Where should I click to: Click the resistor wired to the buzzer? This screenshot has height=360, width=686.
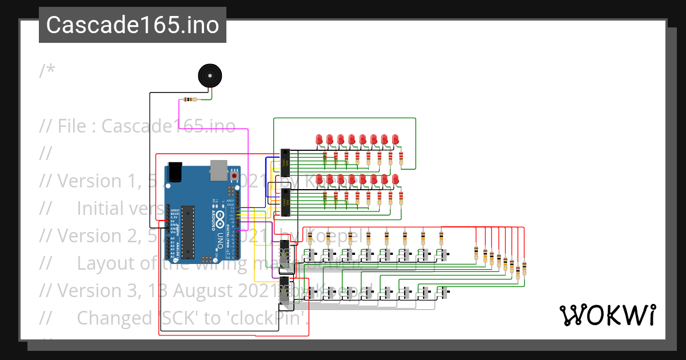pos(189,100)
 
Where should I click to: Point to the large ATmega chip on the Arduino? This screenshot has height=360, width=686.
pos(188,229)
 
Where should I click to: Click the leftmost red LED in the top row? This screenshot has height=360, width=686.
pos(319,139)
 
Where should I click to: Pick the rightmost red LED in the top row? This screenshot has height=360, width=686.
pos(396,139)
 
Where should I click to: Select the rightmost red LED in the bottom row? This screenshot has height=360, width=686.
pos(396,180)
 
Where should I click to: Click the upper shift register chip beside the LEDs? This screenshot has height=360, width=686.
pos(284,162)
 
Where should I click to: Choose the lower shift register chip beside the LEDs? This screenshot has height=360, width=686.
pos(284,203)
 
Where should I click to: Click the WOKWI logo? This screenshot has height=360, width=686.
pos(607,315)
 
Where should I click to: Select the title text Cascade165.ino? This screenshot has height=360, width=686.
pos(133,25)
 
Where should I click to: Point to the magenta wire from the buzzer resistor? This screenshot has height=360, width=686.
pos(248,171)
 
